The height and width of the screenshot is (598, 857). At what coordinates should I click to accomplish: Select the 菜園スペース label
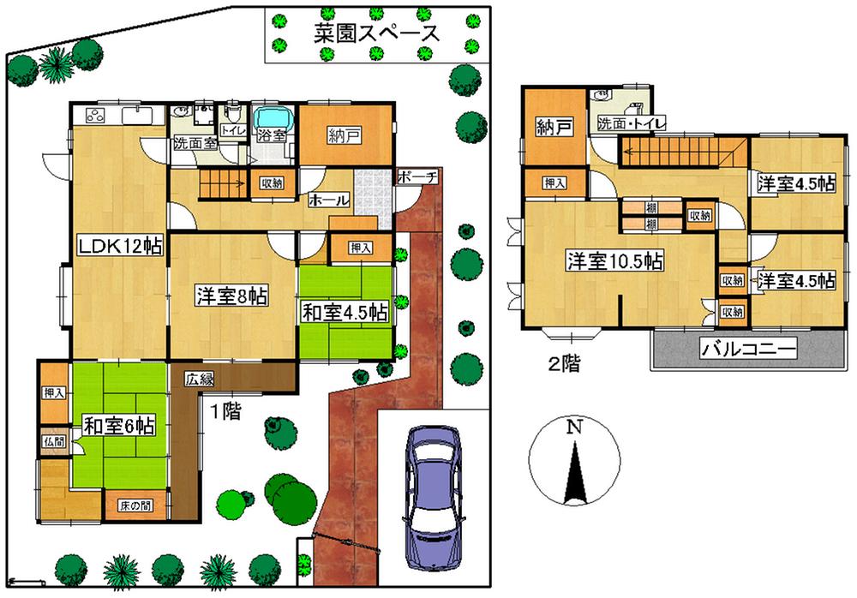point(375,33)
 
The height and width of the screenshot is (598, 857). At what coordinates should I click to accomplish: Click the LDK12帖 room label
point(121,246)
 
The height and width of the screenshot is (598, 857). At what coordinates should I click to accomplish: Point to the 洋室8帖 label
point(231,296)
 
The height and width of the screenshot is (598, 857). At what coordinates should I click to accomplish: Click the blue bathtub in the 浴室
point(273,117)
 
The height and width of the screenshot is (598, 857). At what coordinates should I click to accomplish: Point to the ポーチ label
point(418,177)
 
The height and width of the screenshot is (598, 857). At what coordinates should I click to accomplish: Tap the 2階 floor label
point(563,363)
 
